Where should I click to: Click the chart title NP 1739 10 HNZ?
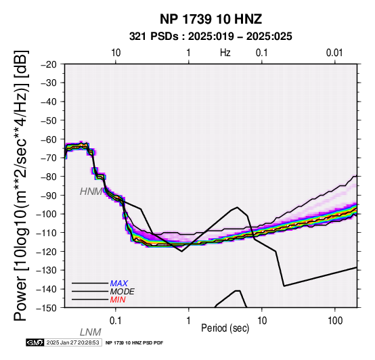(x=211, y=19)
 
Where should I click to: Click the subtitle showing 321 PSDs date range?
(x=211, y=37)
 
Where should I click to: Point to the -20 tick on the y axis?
(x=49, y=64)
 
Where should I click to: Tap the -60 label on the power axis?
(x=49, y=139)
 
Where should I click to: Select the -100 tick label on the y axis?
(x=47, y=214)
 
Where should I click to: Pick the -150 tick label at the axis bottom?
(x=47, y=308)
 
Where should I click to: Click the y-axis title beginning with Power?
(x=21, y=185)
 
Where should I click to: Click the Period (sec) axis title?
(x=225, y=328)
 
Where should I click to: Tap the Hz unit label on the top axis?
(x=225, y=53)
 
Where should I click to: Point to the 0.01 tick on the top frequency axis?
(x=334, y=53)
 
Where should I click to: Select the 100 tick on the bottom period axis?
(x=335, y=321)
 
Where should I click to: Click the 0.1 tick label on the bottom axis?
(x=116, y=321)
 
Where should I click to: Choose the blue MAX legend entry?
(x=119, y=284)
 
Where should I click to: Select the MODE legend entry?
(x=123, y=292)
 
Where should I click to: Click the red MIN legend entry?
(x=118, y=300)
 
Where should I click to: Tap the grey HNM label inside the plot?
(x=91, y=192)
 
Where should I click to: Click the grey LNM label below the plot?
(x=91, y=332)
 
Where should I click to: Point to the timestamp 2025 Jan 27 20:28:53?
(x=72, y=342)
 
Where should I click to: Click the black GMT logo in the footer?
(x=35, y=342)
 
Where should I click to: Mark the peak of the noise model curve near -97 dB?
(x=237, y=207)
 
